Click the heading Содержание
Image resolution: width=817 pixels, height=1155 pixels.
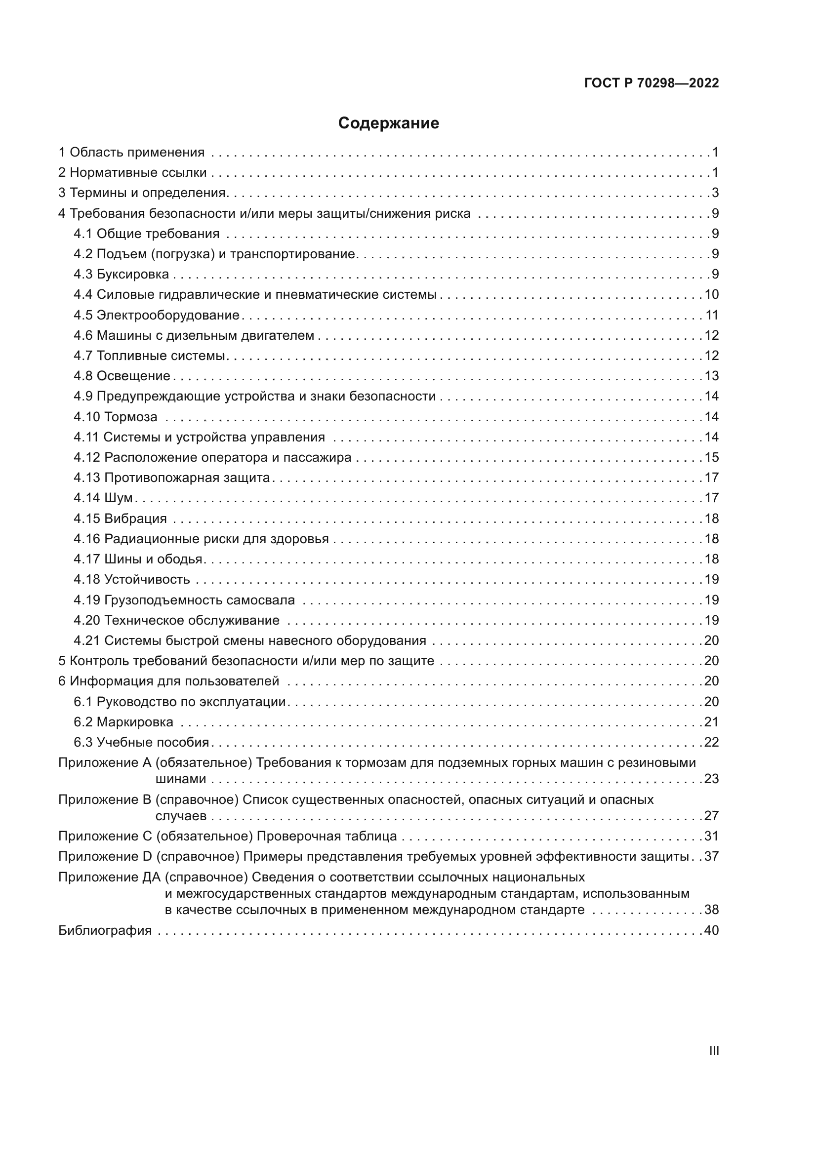388,123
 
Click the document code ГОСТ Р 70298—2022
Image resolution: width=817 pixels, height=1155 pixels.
652,83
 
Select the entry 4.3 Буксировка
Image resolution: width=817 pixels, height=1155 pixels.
121,274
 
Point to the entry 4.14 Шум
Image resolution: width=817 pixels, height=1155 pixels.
103,498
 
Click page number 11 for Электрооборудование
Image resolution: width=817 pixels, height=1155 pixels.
712,316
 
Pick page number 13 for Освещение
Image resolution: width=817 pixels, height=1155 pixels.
711,376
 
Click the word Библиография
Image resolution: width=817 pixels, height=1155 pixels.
105,930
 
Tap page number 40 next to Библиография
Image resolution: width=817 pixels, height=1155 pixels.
711,930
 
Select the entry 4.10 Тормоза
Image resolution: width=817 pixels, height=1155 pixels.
115,417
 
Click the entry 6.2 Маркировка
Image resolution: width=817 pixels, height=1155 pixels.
123,722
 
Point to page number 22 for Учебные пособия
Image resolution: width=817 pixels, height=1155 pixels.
711,743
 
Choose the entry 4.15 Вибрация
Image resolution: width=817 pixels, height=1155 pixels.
120,518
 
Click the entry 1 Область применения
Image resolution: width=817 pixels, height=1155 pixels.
131,153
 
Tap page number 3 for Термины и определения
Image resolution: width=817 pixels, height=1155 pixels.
715,193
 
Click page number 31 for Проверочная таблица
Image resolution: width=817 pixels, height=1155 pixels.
711,836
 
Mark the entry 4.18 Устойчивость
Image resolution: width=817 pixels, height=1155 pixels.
132,580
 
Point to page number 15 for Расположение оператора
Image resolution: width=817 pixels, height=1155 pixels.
711,458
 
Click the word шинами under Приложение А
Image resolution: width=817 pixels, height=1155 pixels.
181,779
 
